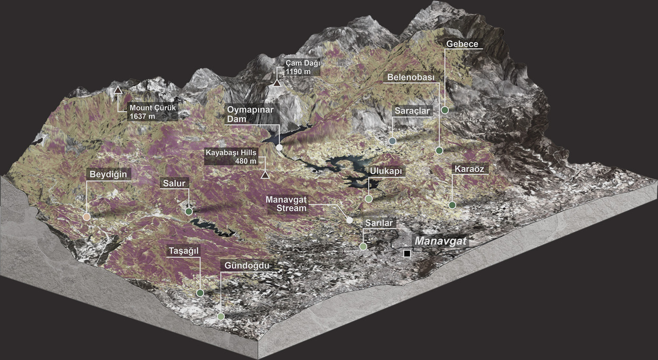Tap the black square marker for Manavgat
pyautogui.click(x=407, y=254)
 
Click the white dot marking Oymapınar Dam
pyautogui.click(x=279, y=148)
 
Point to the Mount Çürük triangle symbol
pyautogui.click(x=118, y=90)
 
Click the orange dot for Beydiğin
pyautogui.click(x=86, y=217)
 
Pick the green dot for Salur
pyautogui.click(x=189, y=211)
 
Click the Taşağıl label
pyautogui.click(x=184, y=250)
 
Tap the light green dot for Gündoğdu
pyautogui.click(x=221, y=316)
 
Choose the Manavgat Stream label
pyautogui.click(x=286, y=204)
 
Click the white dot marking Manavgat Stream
pyautogui.click(x=350, y=220)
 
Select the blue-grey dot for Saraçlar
pyautogui.click(x=392, y=141)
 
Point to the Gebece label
pyautogui.click(x=462, y=44)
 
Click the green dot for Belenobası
pyautogui.click(x=439, y=151)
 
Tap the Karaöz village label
pyautogui.click(x=468, y=169)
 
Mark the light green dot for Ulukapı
pyautogui.click(x=369, y=199)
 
